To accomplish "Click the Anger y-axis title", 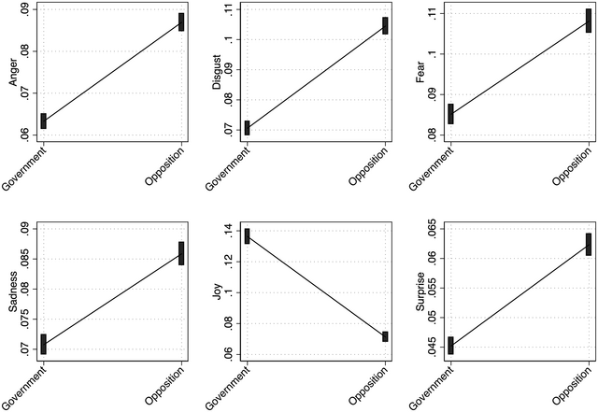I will pyautogui.click(x=13, y=71).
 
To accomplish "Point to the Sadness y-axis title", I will pyautogui.click(x=13, y=291).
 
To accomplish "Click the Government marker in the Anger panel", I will pyautogui.click(x=43, y=121).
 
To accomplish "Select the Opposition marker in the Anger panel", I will pyautogui.click(x=181, y=21).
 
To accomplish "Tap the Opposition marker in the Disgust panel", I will pyautogui.click(x=385, y=25).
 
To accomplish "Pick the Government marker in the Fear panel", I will pyautogui.click(x=450, y=114).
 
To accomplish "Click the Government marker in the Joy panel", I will pyautogui.click(x=247, y=235).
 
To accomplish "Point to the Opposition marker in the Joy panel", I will pyautogui.click(x=385, y=336).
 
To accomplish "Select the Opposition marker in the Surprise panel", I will pyautogui.click(x=589, y=244).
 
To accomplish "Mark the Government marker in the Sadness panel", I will pyautogui.click(x=43, y=344).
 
